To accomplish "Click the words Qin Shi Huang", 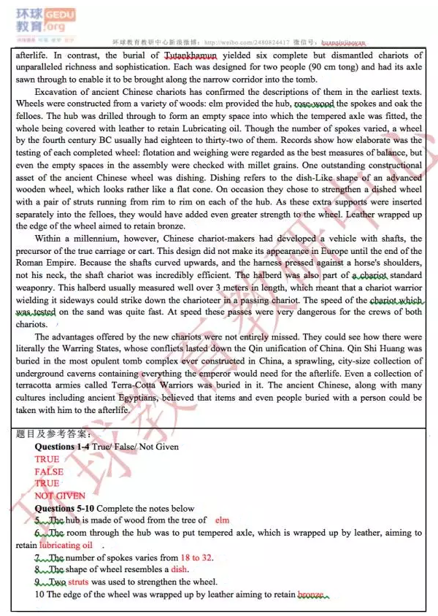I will click(376, 349).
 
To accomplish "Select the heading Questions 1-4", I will click(64, 447).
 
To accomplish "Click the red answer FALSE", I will click(49, 471).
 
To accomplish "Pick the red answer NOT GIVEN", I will click(60, 496).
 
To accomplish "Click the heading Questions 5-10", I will click(65, 508).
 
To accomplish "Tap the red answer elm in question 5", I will click(223, 520).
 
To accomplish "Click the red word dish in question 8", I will click(179, 569).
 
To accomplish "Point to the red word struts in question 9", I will click(80, 582).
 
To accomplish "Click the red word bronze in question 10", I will click(310, 595).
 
